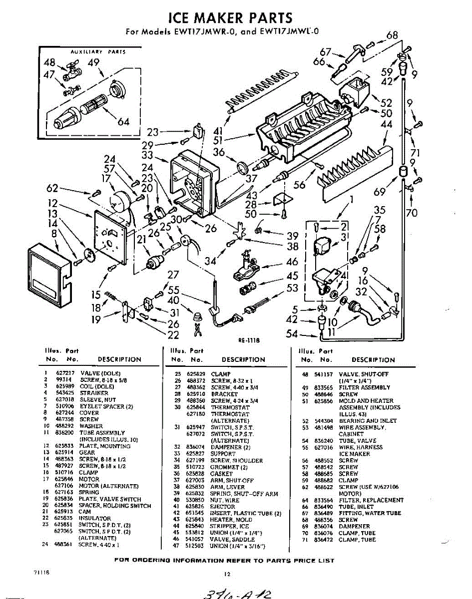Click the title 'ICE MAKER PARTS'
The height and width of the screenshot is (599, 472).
tap(231, 18)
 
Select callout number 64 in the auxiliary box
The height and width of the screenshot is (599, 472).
tap(122, 122)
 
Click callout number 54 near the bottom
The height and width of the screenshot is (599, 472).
tap(293, 333)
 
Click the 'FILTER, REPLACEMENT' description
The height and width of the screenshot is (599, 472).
tap(371, 500)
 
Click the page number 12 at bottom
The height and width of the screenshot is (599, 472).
tap(227, 574)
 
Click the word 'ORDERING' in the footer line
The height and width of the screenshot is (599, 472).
tap(151, 561)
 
